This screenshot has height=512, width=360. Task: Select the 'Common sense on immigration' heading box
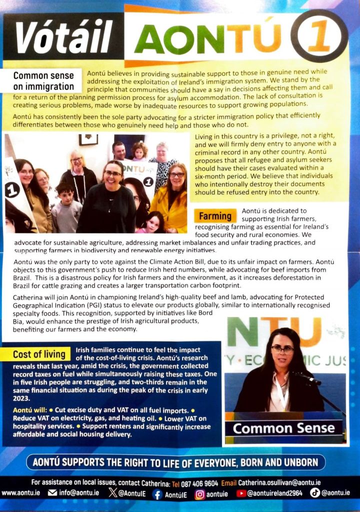coord(43,81)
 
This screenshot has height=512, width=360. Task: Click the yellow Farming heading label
coord(215,216)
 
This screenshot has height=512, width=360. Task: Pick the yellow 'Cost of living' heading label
coord(39,354)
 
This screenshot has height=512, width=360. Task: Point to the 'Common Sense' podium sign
coord(283,428)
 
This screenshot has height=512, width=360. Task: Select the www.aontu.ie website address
coord(21,493)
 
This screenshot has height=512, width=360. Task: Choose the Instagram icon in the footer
coord(200,493)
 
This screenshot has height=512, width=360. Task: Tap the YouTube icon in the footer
coord(241,493)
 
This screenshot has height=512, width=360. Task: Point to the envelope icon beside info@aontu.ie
coord(52,493)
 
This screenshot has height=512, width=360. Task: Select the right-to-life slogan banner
coord(179,462)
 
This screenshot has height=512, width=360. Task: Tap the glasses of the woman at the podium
coord(283,349)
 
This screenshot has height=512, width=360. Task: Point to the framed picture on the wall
coord(88,139)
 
